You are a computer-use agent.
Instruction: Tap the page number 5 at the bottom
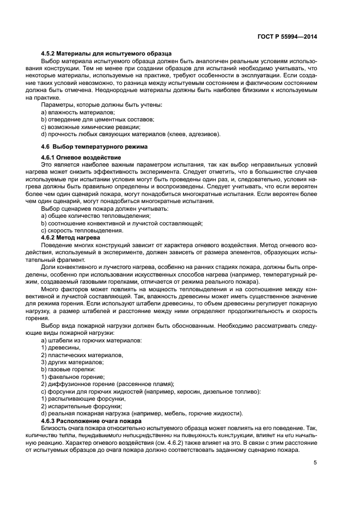coord(315,463)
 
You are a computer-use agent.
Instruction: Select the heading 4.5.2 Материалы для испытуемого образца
coord(106,53)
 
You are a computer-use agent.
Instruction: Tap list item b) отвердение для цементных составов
coord(97,119)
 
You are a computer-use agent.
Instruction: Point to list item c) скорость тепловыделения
coord(78,230)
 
